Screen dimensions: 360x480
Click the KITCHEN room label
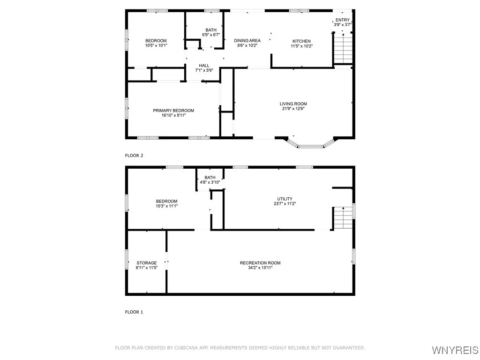click(x=301, y=41)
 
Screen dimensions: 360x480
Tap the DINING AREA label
click(x=247, y=41)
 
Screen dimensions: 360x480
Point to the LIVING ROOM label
click(x=293, y=104)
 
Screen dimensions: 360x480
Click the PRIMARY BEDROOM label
click(x=173, y=111)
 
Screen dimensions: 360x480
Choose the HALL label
click(x=204, y=65)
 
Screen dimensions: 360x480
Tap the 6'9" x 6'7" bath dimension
click(x=211, y=35)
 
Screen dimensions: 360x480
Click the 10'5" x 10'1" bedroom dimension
click(x=156, y=46)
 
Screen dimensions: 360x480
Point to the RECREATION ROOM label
click(x=260, y=262)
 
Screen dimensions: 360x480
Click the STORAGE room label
click(x=147, y=262)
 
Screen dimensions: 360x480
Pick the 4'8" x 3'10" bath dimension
click(x=210, y=182)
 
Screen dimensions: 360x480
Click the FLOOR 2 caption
click(x=134, y=156)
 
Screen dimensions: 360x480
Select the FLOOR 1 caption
click(x=134, y=312)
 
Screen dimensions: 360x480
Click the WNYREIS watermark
click(x=455, y=350)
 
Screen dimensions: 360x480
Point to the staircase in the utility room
click(x=343, y=218)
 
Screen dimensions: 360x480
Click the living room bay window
click(x=310, y=145)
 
